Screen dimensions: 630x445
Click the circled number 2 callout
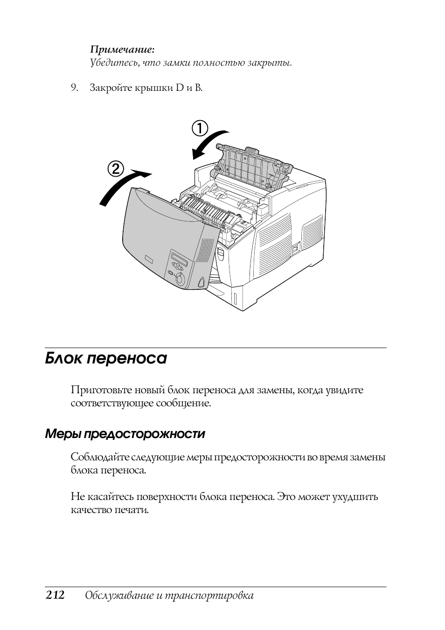coord(116,168)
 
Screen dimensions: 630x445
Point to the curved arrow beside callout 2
coord(123,186)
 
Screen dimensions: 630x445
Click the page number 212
coord(55,595)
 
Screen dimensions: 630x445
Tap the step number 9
coord(73,88)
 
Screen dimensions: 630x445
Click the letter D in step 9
coord(180,88)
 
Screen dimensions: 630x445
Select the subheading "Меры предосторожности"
coord(125,434)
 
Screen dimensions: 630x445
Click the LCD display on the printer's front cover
coord(179,260)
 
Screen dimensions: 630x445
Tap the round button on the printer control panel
coord(180,280)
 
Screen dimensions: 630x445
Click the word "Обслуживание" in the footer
coord(115,596)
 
